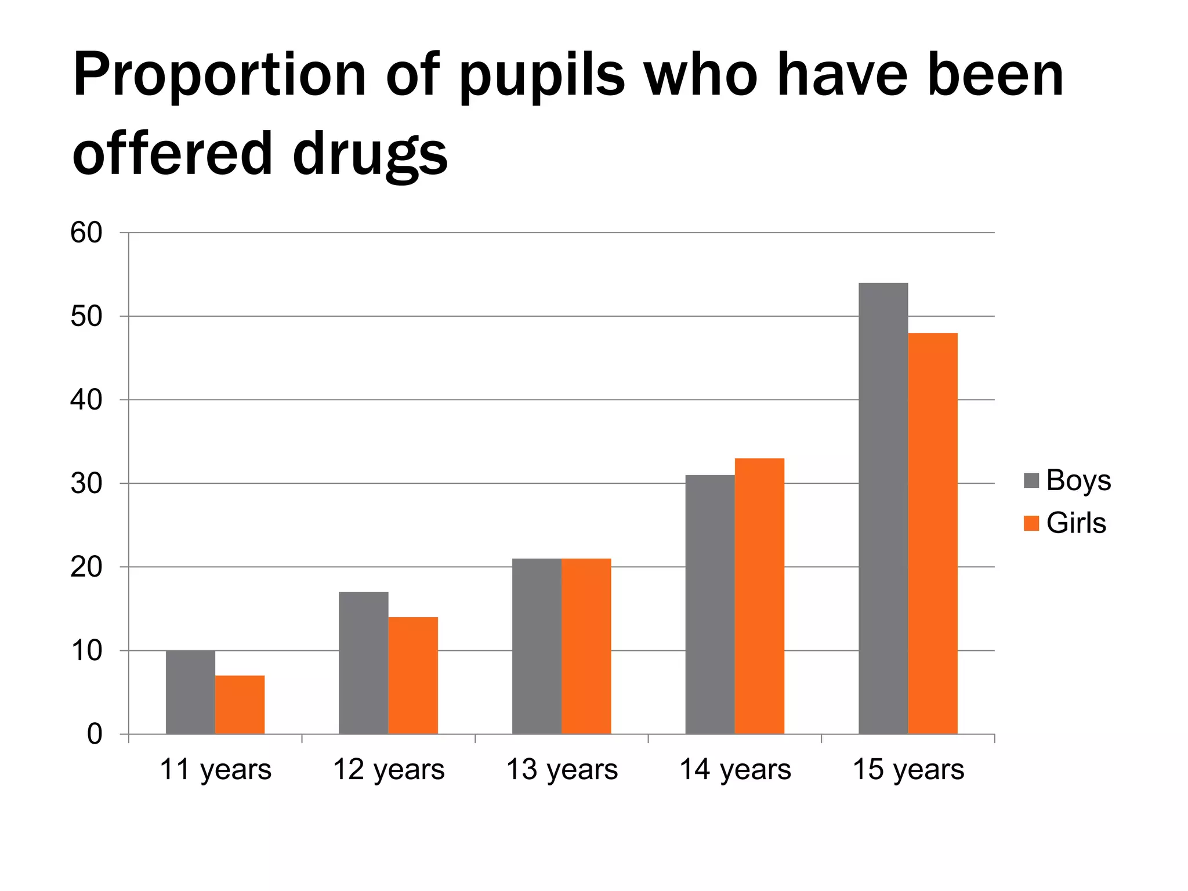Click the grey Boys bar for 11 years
(x=190, y=692)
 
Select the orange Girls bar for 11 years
(x=240, y=705)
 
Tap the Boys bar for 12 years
(x=364, y=663)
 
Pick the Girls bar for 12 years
(x=413, y=676)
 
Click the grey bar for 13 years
(x=537, y=646)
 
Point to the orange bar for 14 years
(x=759, y=596)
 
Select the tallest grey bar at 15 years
(x=883, y=509)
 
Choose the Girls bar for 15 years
(x=932, y=534)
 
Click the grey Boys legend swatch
(x=1031, y=481)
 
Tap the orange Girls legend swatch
(x=1031, y=523)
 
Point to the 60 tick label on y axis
(x=86, y=233)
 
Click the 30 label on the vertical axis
(x=86, y=484)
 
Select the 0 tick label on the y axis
(x=94, y=734)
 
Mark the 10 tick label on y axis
(x=86, y=651)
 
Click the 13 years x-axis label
(x=562, y=770)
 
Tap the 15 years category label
(x=908, y=770)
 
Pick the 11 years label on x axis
(x=215, y=770)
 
